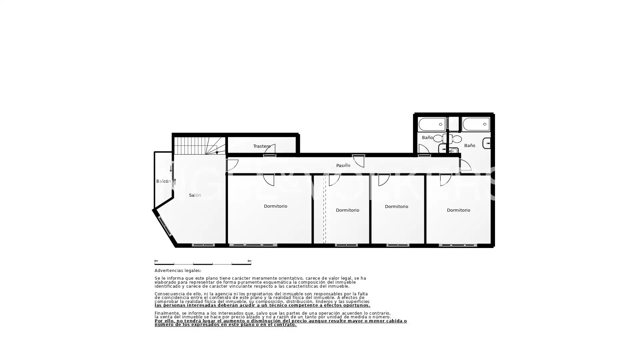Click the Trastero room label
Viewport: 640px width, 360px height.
coord(262,146)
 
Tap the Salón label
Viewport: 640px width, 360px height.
coord(195,195)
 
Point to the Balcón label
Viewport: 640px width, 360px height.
coord(163,181)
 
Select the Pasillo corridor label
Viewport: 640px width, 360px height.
coord(343,165)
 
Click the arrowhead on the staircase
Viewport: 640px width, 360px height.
coord(217,153)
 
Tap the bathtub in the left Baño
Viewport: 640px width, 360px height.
coord(432,124)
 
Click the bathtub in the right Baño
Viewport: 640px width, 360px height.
coord(476,124)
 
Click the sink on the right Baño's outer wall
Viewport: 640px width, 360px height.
coord(487,143)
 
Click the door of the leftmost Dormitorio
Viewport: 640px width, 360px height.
coord(268,180)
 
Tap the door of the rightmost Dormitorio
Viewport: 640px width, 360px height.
coord(446,180)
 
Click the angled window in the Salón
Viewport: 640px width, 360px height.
coord(164,226)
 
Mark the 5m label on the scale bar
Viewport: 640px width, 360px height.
coord(249,261)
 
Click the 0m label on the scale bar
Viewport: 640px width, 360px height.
coord(156,261)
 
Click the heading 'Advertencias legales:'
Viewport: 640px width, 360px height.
coord(178,271)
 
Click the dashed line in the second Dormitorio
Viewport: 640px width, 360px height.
coord(325,209)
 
